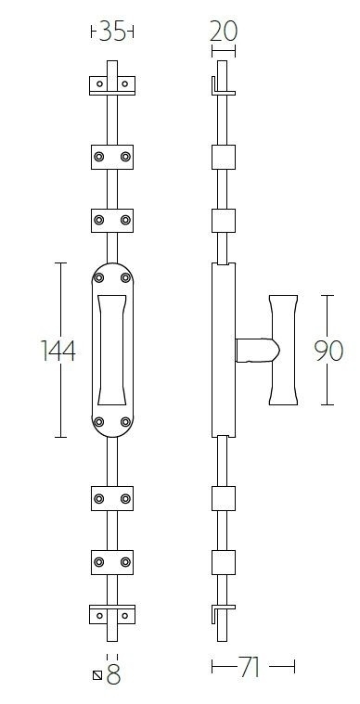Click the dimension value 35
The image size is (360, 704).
(112, 32)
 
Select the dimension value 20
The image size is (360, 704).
(223, 32)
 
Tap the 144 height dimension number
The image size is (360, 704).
(58, 351)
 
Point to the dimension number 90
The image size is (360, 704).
(328, 351)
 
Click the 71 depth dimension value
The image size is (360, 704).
(250, 668)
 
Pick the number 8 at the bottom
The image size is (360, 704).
(114, 675)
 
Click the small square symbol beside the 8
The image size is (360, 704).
(97, 675)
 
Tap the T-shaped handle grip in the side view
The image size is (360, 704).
(285, 350)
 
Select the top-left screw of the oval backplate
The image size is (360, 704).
(100, 276)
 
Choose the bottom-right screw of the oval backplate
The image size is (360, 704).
(125, 423)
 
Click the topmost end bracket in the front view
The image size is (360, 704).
(112, 85)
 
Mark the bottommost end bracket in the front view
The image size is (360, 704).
(112, 614)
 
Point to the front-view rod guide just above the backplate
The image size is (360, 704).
(112, 220)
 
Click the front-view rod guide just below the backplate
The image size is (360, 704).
(112, 500)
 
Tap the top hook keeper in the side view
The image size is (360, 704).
(220, 86)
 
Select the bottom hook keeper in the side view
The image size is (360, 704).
(220, 614)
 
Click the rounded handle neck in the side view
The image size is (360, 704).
(255, 350)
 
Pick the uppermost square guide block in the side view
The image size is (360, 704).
(222, 155)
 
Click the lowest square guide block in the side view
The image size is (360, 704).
(222, 563)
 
